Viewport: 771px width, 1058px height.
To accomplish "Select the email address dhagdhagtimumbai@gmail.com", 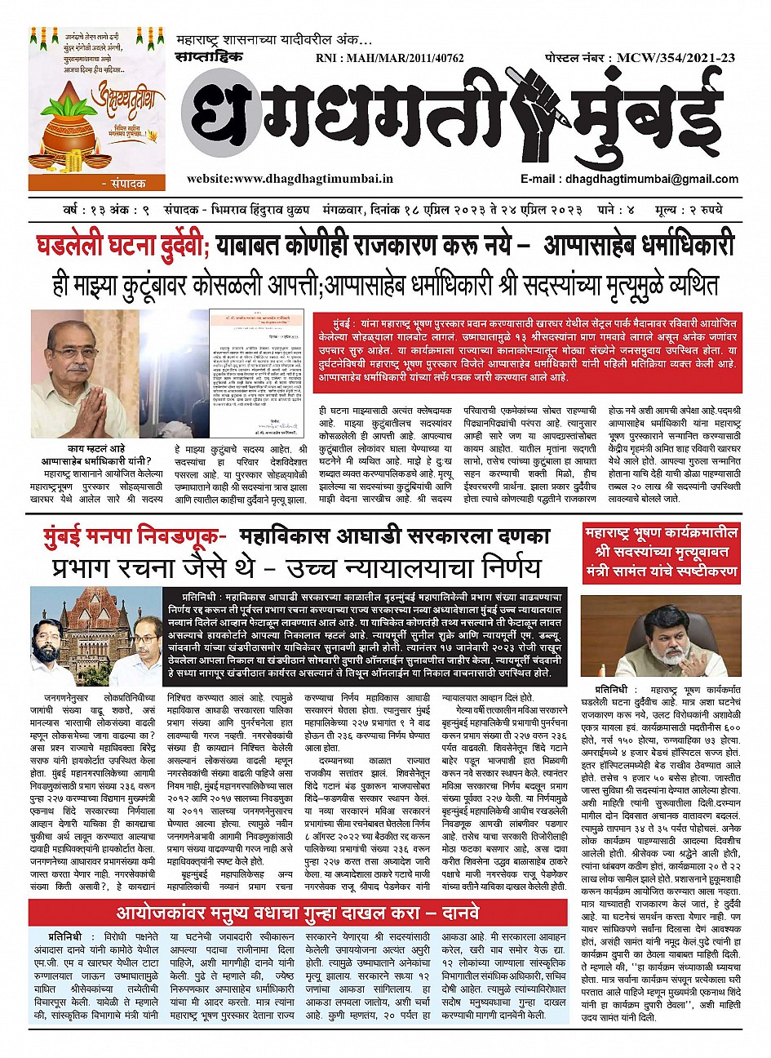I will click(x=645, y=178).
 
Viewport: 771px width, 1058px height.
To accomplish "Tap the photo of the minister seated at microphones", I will click(x=661, y=637).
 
